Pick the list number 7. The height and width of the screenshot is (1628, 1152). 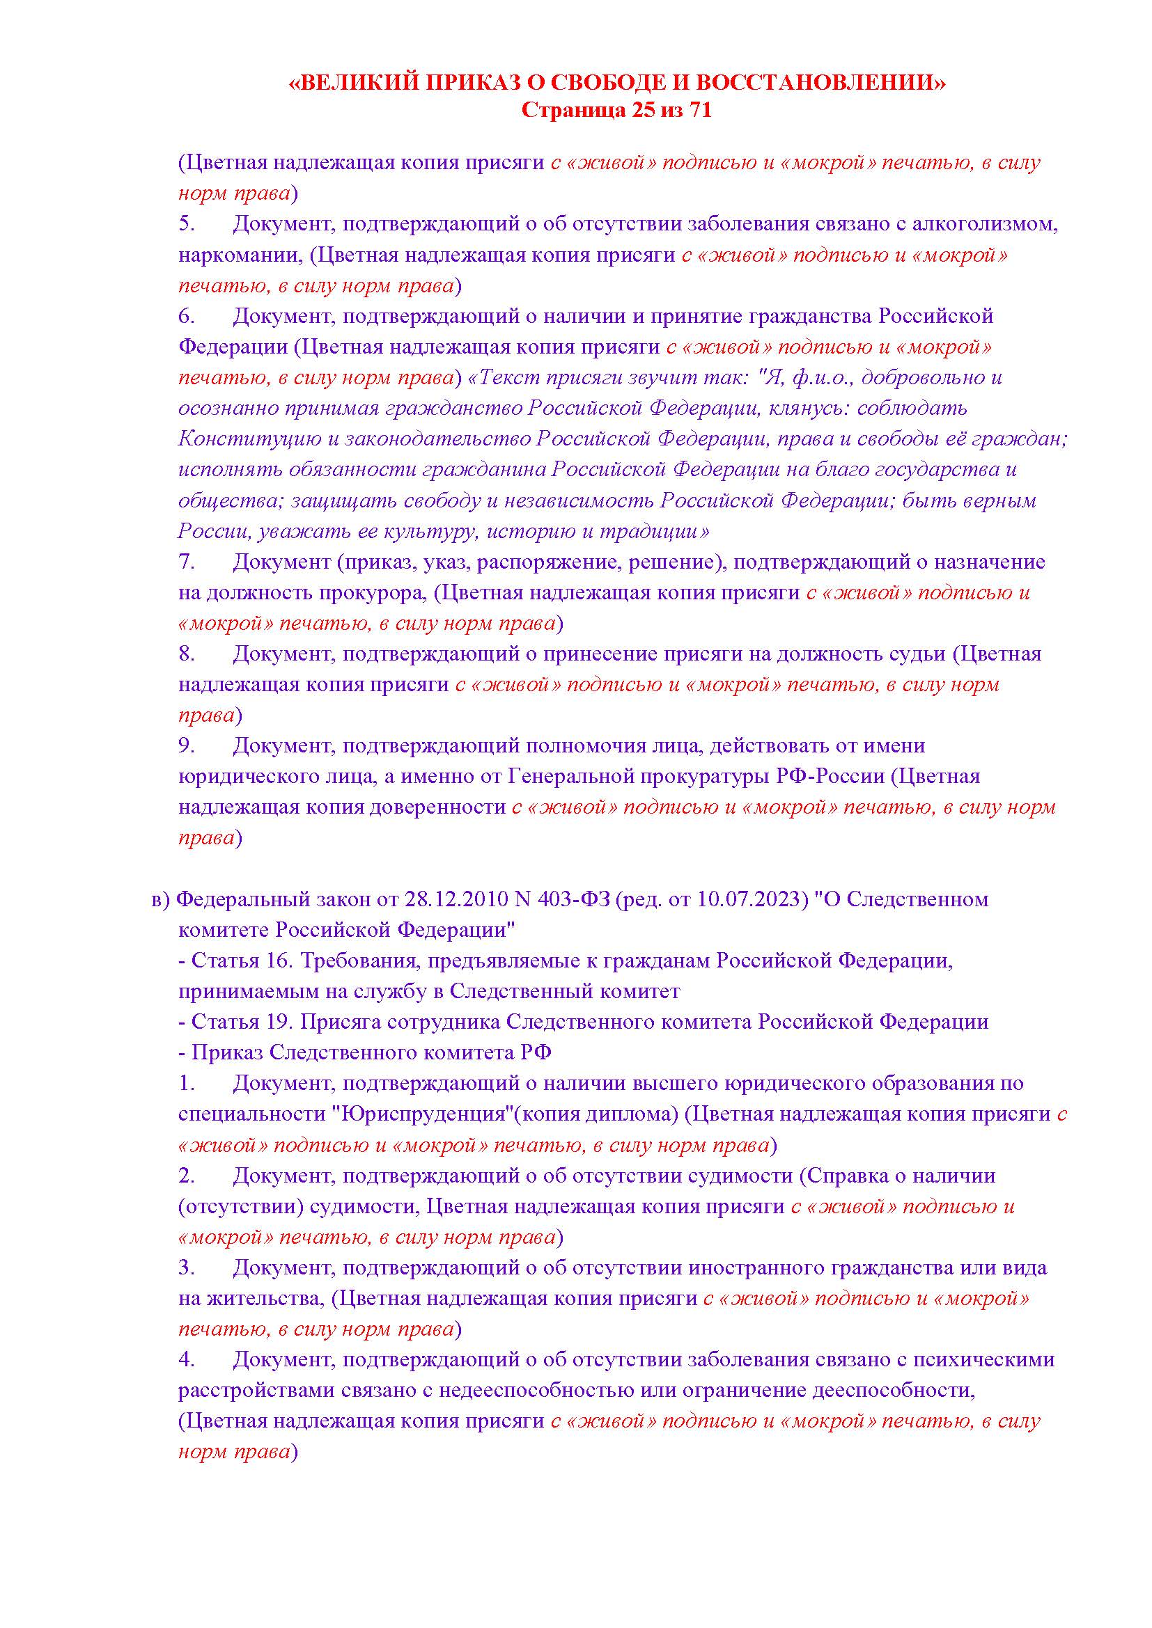[x=186, y=562]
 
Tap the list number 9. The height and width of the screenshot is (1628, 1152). [x=186, y=746]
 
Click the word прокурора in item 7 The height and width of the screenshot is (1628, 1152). [x=372, y=593]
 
